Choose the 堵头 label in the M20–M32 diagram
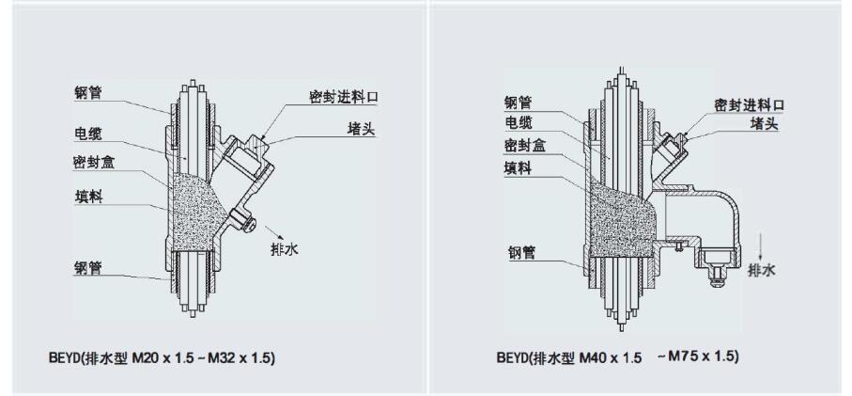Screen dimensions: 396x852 (x=361, y=129)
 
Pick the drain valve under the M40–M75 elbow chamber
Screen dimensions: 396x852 (x=718, y=267)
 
